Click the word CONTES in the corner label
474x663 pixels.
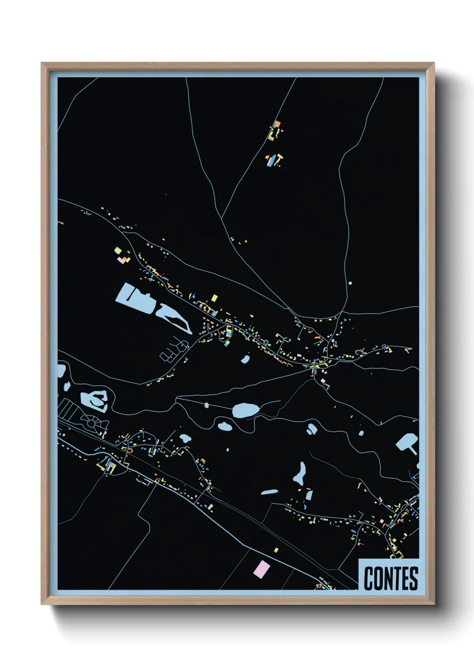[391, 578]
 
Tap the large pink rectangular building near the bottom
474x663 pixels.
[262, 569]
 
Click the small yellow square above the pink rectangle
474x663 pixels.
[276, 550]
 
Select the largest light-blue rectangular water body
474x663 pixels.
[134, 297]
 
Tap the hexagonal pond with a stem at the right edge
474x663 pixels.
[407, 443]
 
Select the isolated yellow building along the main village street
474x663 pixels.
[214, 297]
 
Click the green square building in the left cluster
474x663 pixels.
[118, 250]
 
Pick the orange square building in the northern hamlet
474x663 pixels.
[277, 124]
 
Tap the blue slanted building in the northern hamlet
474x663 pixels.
[272, 160]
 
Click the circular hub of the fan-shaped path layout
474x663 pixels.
[91, 422]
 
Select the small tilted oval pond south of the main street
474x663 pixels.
[245, 359]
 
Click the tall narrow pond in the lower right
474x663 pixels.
[300, 473]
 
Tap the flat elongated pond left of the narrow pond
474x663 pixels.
[270, 492]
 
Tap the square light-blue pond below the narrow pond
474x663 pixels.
[309, 495]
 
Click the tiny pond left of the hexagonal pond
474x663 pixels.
[361, 432]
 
